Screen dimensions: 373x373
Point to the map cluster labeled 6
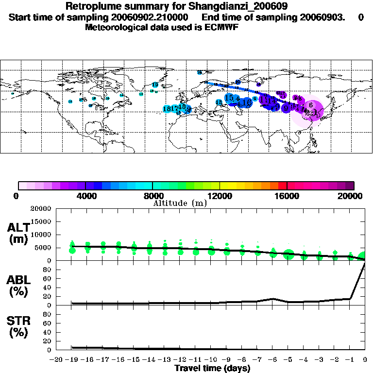(311, 105)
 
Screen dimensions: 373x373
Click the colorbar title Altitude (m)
(180, 203)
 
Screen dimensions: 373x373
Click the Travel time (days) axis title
(212, 368)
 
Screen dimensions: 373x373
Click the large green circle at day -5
(288, 254)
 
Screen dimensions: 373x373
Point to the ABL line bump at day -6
(273, 299)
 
